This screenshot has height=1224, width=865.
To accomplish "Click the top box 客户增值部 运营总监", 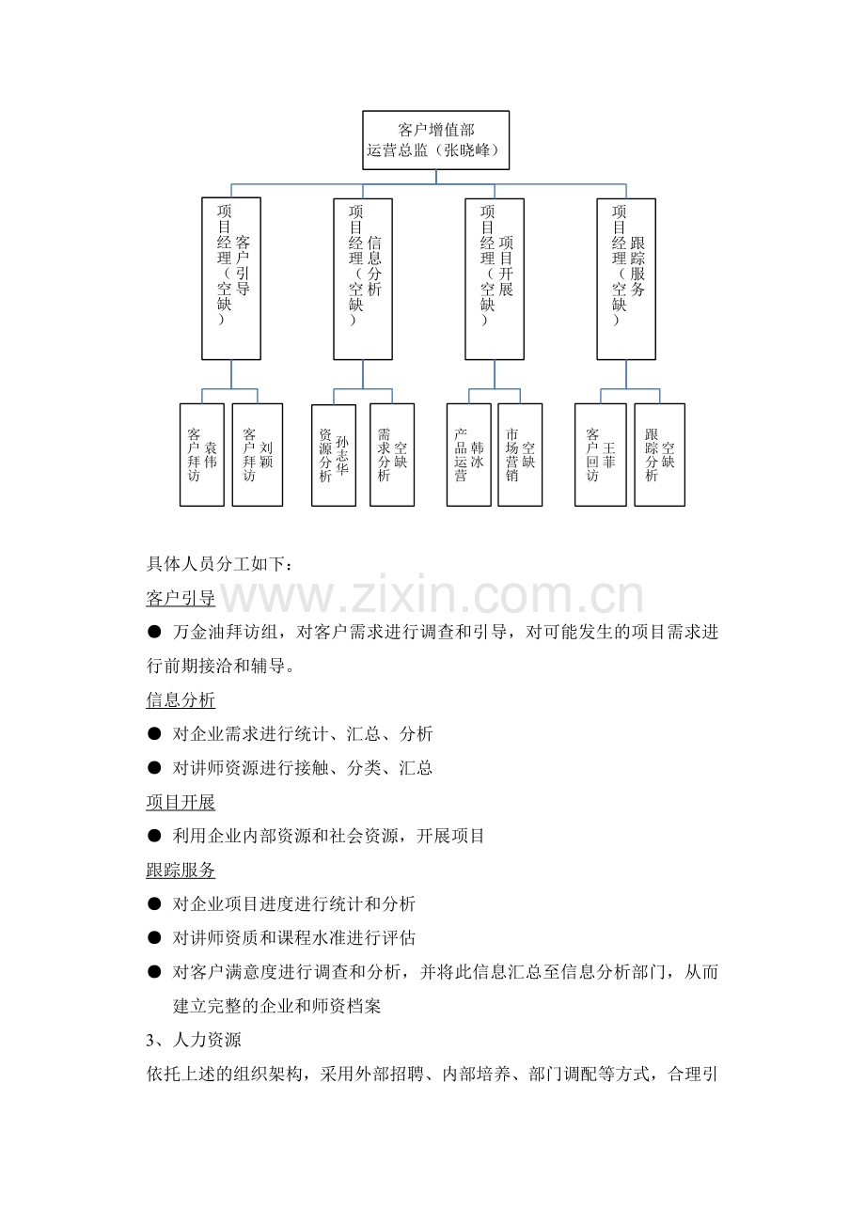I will (x=436, y=140).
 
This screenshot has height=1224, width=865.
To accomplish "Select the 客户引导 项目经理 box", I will (x=231, y=278).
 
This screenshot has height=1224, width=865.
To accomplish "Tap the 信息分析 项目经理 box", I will (x=363, y=278).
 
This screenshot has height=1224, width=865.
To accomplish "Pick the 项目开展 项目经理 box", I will (x=495, y=278).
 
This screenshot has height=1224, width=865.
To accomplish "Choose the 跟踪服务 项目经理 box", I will (x=626, y=278).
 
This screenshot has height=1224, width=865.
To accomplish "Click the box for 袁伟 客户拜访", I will (x=202, y=455).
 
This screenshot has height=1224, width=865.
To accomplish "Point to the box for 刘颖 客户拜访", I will (x=257, y=455).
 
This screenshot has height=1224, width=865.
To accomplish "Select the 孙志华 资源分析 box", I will (x=334, y=455).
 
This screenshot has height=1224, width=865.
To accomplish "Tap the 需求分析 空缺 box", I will (x=392, y=455).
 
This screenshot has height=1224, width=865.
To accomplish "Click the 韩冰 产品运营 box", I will (x=468, y=455).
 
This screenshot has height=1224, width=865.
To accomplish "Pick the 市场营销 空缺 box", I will (x=520, y=455).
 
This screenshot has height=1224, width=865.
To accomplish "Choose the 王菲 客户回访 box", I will (x=600, y=455).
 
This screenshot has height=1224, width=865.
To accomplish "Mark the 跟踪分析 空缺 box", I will (x=659, y=455).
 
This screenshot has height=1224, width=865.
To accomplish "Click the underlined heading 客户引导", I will (x=181, y=598).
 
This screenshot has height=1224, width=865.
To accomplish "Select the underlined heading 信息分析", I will (x=181, y=700).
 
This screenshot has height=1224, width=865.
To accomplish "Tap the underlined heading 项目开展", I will (x=181, y=803).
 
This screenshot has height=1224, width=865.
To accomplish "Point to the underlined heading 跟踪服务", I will (x=181, y=871).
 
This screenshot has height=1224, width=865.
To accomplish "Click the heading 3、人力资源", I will (x=194, y=1041).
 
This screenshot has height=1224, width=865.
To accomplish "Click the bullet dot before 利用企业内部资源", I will (x=154, y=836).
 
